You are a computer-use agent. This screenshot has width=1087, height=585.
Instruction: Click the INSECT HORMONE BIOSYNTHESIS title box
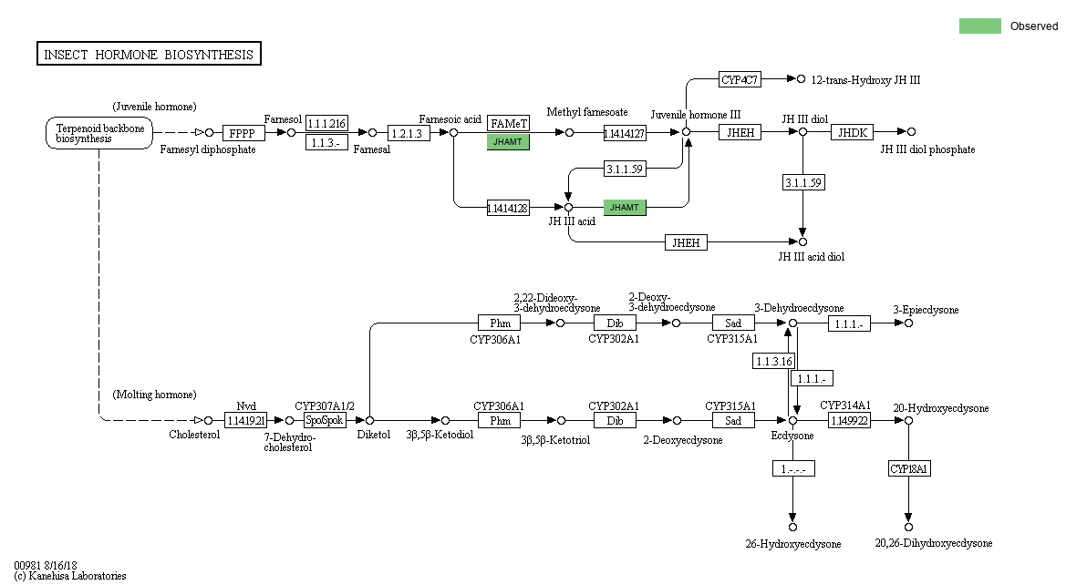149,55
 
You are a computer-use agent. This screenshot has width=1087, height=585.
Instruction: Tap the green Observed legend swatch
979,26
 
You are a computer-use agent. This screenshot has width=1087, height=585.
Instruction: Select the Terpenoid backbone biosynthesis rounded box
99,133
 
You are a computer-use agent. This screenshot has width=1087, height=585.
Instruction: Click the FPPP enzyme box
243,133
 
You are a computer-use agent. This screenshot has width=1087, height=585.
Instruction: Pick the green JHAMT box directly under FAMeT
508,141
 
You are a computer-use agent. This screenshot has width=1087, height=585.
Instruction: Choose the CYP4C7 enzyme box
740,79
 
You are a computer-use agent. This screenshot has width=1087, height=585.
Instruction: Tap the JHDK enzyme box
853,132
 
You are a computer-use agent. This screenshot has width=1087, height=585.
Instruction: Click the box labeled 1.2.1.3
409,133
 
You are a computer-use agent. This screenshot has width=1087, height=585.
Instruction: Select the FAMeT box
508,123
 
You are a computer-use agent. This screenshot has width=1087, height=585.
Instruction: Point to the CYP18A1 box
909,468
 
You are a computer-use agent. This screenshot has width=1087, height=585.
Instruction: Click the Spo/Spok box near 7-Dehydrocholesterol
325,420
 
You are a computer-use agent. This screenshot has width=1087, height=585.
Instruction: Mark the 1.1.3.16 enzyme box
773,361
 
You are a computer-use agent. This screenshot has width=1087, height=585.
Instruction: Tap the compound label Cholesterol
194,435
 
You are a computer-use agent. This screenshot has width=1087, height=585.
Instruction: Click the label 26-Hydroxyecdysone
792,544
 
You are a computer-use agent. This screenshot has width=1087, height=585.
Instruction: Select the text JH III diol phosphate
927,149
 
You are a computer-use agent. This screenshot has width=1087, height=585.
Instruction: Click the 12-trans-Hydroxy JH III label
865,80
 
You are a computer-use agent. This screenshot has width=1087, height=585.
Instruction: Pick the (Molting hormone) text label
154,395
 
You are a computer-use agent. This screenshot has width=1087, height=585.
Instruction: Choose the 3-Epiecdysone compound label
926,310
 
